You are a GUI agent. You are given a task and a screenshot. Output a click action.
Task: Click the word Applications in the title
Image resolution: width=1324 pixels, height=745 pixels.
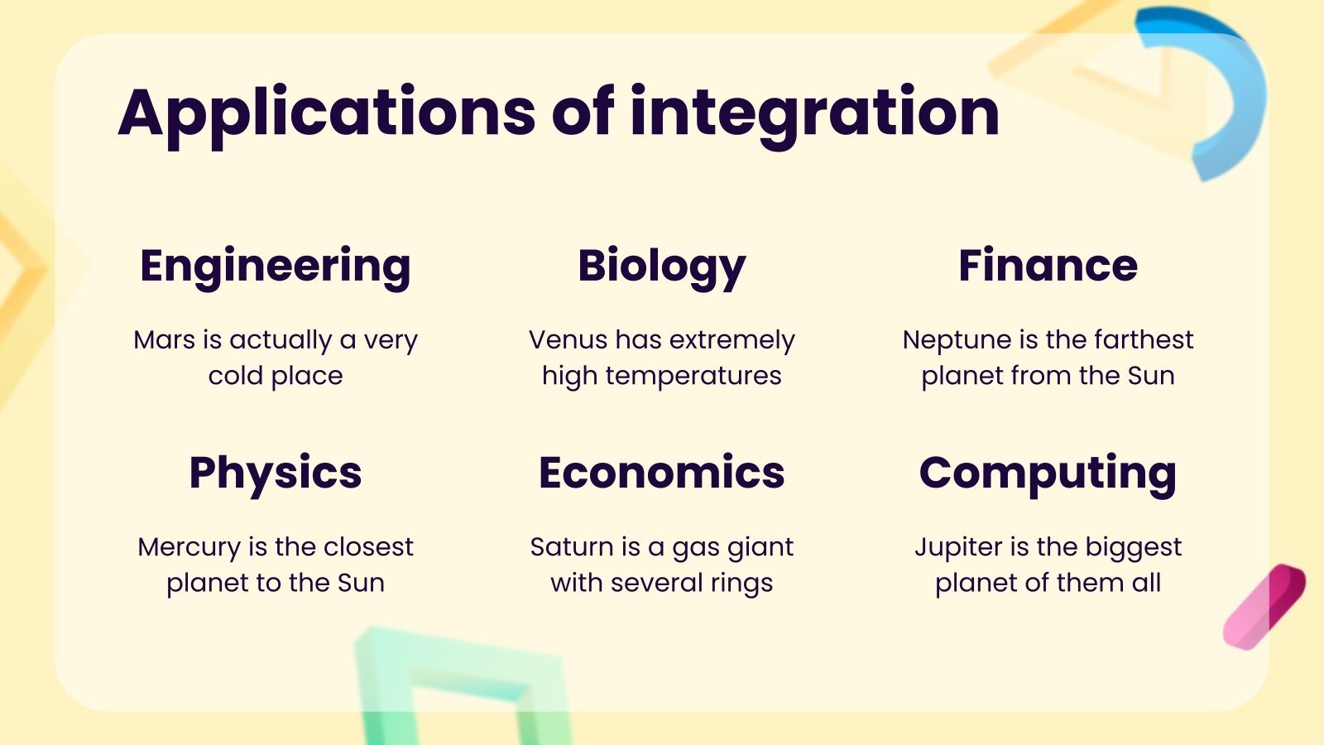click(x=327, y=113)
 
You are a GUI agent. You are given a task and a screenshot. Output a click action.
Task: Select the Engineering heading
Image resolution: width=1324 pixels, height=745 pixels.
click(x=276, y=267)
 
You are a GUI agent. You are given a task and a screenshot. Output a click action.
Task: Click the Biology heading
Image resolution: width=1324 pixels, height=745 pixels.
click(x=662, y=267)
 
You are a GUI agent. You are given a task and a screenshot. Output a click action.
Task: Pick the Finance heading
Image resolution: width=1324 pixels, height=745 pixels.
click(x=1048, y=266)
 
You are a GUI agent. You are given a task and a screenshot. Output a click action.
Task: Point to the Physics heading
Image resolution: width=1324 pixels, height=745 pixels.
click(x=276, y=473)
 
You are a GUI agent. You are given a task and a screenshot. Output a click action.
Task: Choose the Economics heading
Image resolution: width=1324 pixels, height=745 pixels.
click(x=662, y=473)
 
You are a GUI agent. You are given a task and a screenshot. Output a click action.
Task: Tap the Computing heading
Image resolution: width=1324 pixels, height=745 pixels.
click(x=1048, y=473)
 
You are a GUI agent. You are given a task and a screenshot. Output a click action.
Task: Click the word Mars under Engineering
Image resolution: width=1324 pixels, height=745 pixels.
click(x=165, y=340)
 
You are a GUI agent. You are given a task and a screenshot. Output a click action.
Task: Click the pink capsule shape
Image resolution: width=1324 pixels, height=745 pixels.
click(x=1264, y=606)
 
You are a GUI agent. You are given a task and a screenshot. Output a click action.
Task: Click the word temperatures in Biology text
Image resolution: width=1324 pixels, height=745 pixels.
click(x=693, y=377)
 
